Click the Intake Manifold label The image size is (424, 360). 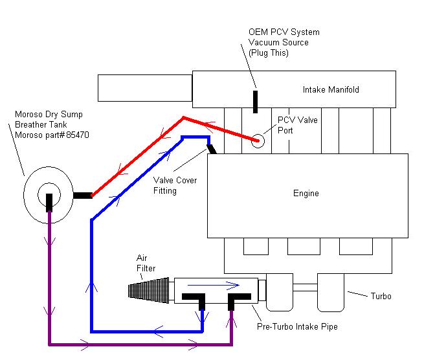click(330, 89)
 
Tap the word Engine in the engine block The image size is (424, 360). click(306, 193)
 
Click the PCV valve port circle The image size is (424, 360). click(259, 140)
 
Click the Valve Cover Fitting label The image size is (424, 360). click(175, 185)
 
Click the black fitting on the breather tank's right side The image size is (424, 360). click(84, 194)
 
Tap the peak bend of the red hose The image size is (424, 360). click(184, 118)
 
